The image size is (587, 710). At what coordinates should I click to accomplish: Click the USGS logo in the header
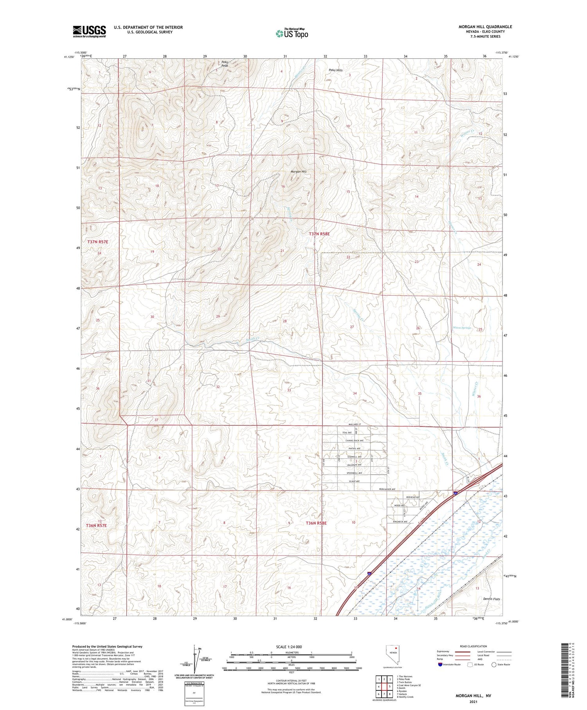coord(89,31)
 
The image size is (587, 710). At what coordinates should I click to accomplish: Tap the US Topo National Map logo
coord(292,33)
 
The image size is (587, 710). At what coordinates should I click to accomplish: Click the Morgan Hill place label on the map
coord(299,172)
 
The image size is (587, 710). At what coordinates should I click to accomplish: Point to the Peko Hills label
coord(335,70)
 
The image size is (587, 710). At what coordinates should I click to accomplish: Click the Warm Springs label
coord(462,328)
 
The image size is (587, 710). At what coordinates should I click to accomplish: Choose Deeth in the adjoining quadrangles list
coord(402,688)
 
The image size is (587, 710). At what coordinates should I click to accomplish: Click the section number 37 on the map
coord(156,420)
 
